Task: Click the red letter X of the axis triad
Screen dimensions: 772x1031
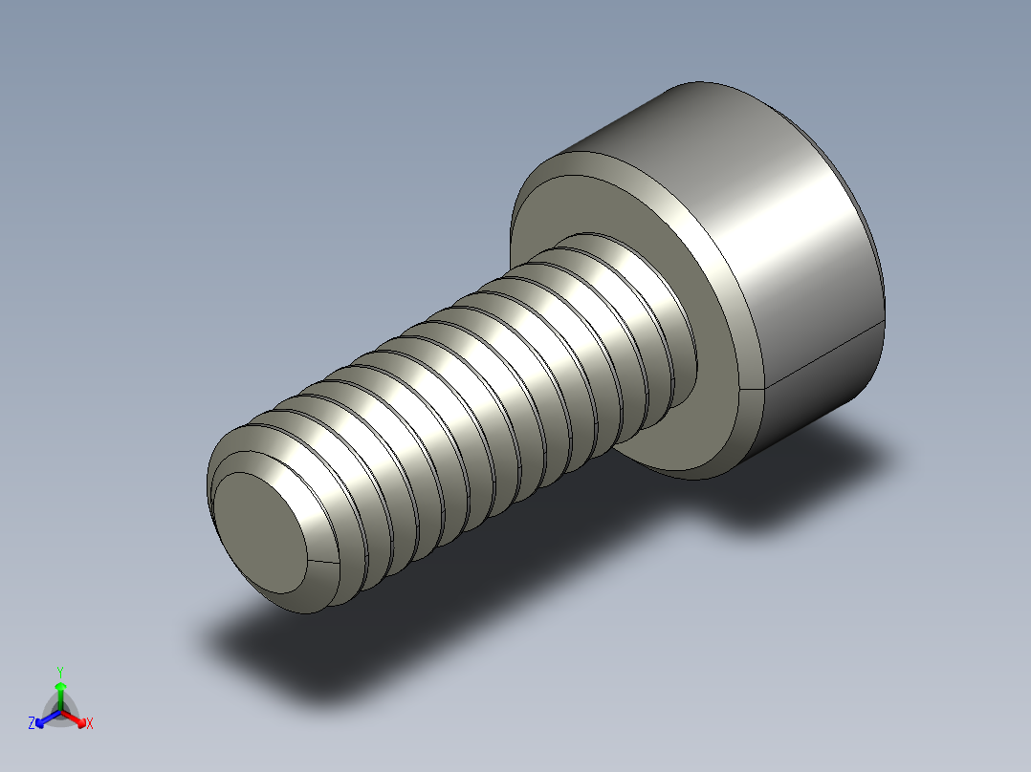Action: (90, 724)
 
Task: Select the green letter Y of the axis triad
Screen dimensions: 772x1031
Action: (60, 672)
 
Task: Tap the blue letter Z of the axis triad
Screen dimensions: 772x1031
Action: (32, 724)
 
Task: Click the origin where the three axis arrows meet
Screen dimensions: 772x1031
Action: (60, 710)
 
